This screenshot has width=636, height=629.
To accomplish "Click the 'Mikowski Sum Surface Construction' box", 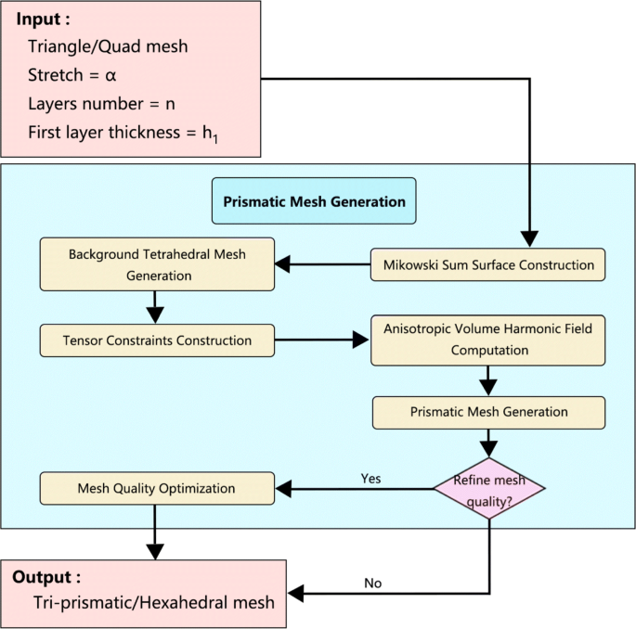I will (x=488, y=265).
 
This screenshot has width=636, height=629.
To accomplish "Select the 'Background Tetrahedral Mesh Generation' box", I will (x=156, y=264).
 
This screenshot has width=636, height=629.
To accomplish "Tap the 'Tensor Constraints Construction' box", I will (x=158, y=340).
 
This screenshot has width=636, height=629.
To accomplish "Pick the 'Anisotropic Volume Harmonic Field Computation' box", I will (x=488, y=340).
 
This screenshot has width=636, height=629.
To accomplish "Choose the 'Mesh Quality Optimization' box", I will (x=158, y=488).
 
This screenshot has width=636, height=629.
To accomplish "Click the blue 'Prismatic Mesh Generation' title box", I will (x=314, y=201).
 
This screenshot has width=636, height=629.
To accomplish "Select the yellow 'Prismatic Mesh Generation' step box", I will (x=488, y=412).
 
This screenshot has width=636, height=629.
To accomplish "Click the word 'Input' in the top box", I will (x=39, y=19).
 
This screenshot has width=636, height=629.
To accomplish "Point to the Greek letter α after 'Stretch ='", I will (x=110, y=74).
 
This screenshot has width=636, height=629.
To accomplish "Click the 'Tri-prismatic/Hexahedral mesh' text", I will (x=153, y=603).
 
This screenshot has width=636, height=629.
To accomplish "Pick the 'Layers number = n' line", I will (x=101, y=103).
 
